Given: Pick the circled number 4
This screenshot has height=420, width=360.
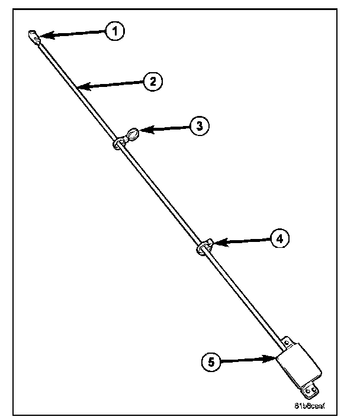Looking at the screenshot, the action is [280, 238].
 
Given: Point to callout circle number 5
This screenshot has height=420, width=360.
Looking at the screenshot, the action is [210, 361].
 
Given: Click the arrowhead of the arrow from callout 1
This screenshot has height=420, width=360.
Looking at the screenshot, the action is [41, 38].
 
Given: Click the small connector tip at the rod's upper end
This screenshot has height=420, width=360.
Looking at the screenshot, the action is [34, 38].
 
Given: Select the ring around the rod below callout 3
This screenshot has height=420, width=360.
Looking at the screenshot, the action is [117, 144].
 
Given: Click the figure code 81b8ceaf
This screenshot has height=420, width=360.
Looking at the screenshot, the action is [310, 406].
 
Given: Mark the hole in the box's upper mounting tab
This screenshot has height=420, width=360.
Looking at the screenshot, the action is [287, 343].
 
